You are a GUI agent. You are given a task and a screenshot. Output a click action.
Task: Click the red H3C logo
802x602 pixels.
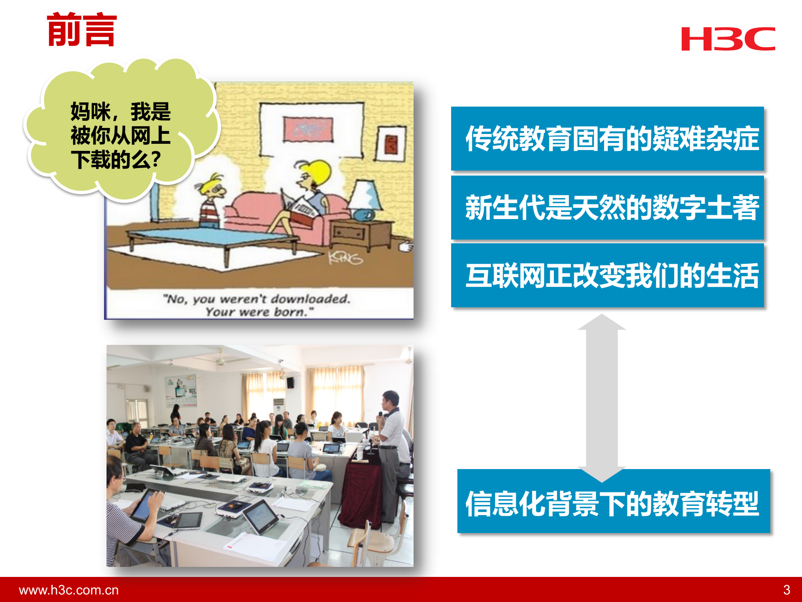click(728, 39)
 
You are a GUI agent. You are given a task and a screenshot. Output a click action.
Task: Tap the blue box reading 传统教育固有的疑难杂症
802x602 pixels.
click(607, 138)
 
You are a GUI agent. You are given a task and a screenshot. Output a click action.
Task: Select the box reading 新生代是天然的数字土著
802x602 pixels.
click(607, 207)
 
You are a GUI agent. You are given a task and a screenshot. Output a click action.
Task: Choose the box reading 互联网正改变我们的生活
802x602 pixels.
click(607, 275)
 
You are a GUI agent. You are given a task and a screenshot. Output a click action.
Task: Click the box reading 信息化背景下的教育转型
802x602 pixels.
click(613, 502)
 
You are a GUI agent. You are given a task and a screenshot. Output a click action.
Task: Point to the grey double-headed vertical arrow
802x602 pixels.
click(601, 397)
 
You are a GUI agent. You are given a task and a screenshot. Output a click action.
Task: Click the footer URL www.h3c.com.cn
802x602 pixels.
click(69, 590)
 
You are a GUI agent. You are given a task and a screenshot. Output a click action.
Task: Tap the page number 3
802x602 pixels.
click(787, 590)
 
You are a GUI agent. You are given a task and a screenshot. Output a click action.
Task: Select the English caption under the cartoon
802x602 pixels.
click(257, 305)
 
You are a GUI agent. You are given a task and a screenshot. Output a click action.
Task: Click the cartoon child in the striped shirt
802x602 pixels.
click(211, 201)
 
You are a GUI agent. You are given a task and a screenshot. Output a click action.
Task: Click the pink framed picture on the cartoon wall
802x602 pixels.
click(308, 129)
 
